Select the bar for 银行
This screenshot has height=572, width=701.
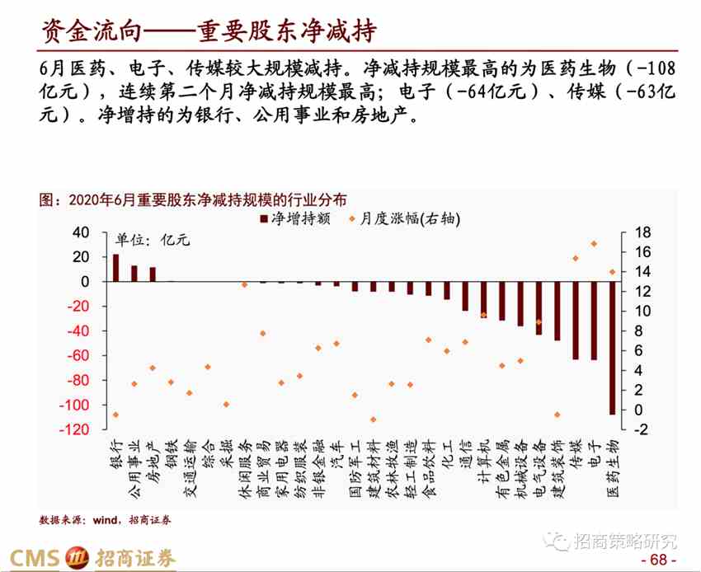[115, 268]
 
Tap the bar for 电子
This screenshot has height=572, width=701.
[594, 321]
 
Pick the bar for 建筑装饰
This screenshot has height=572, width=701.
[558, 311]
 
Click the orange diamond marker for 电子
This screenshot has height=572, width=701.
[594, 244]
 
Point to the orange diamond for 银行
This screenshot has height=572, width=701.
[115, 415]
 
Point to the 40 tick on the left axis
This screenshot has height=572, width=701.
[81, 232]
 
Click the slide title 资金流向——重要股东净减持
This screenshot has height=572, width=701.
[209, 31]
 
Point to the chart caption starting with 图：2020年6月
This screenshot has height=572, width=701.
[193, 199]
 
